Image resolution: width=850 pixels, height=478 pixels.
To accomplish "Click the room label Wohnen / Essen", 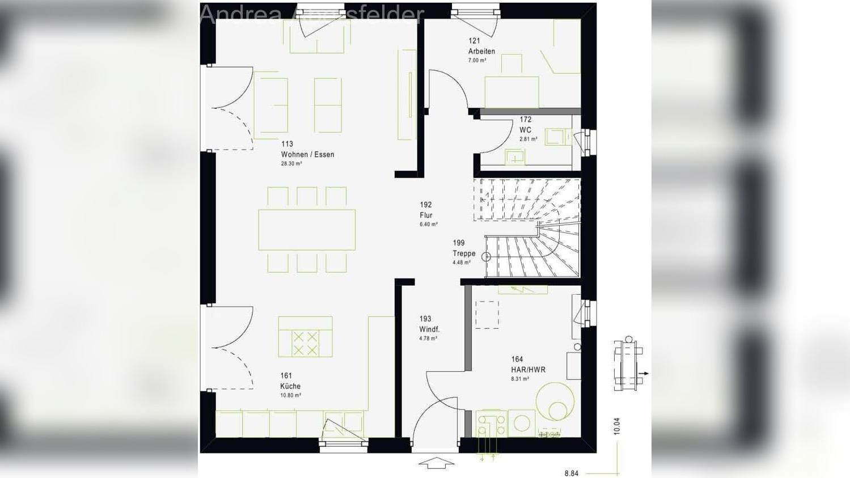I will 307,154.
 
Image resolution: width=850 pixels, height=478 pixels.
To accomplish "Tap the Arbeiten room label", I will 481,51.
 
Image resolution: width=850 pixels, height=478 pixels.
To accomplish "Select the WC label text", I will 525,130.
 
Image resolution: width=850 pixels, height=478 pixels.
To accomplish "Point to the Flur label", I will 426,215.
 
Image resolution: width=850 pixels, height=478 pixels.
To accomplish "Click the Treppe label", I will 464,253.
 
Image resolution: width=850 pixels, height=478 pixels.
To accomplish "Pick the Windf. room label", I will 429,329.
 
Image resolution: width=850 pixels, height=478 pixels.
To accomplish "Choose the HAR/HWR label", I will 528,370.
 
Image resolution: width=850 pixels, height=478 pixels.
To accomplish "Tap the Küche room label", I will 290,386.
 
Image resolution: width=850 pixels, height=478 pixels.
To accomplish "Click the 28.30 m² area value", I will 291,164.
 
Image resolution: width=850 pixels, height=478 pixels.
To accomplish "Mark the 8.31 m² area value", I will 519,379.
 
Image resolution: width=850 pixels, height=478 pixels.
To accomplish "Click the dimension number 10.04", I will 617,426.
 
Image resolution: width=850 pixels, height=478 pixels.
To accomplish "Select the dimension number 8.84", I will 572,473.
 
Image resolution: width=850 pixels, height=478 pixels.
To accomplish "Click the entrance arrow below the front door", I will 436,463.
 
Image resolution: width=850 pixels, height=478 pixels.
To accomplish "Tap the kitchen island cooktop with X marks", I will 305,343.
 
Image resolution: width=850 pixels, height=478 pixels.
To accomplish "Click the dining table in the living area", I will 307,230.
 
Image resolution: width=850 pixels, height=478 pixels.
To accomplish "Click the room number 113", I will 287,144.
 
